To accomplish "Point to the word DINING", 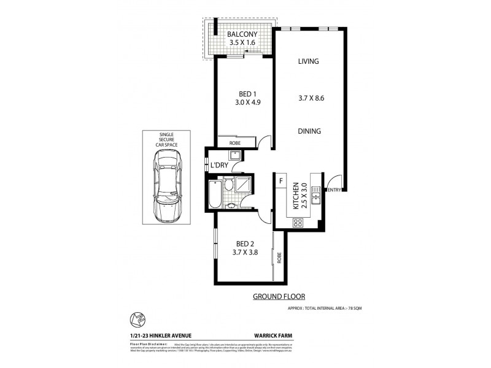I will pyautogui.click(x=310, y=131).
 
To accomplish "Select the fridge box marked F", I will pyautogui.click(x=280, y=181).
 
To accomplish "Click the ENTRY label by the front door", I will pyautogui.click(x=334, y=191).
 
